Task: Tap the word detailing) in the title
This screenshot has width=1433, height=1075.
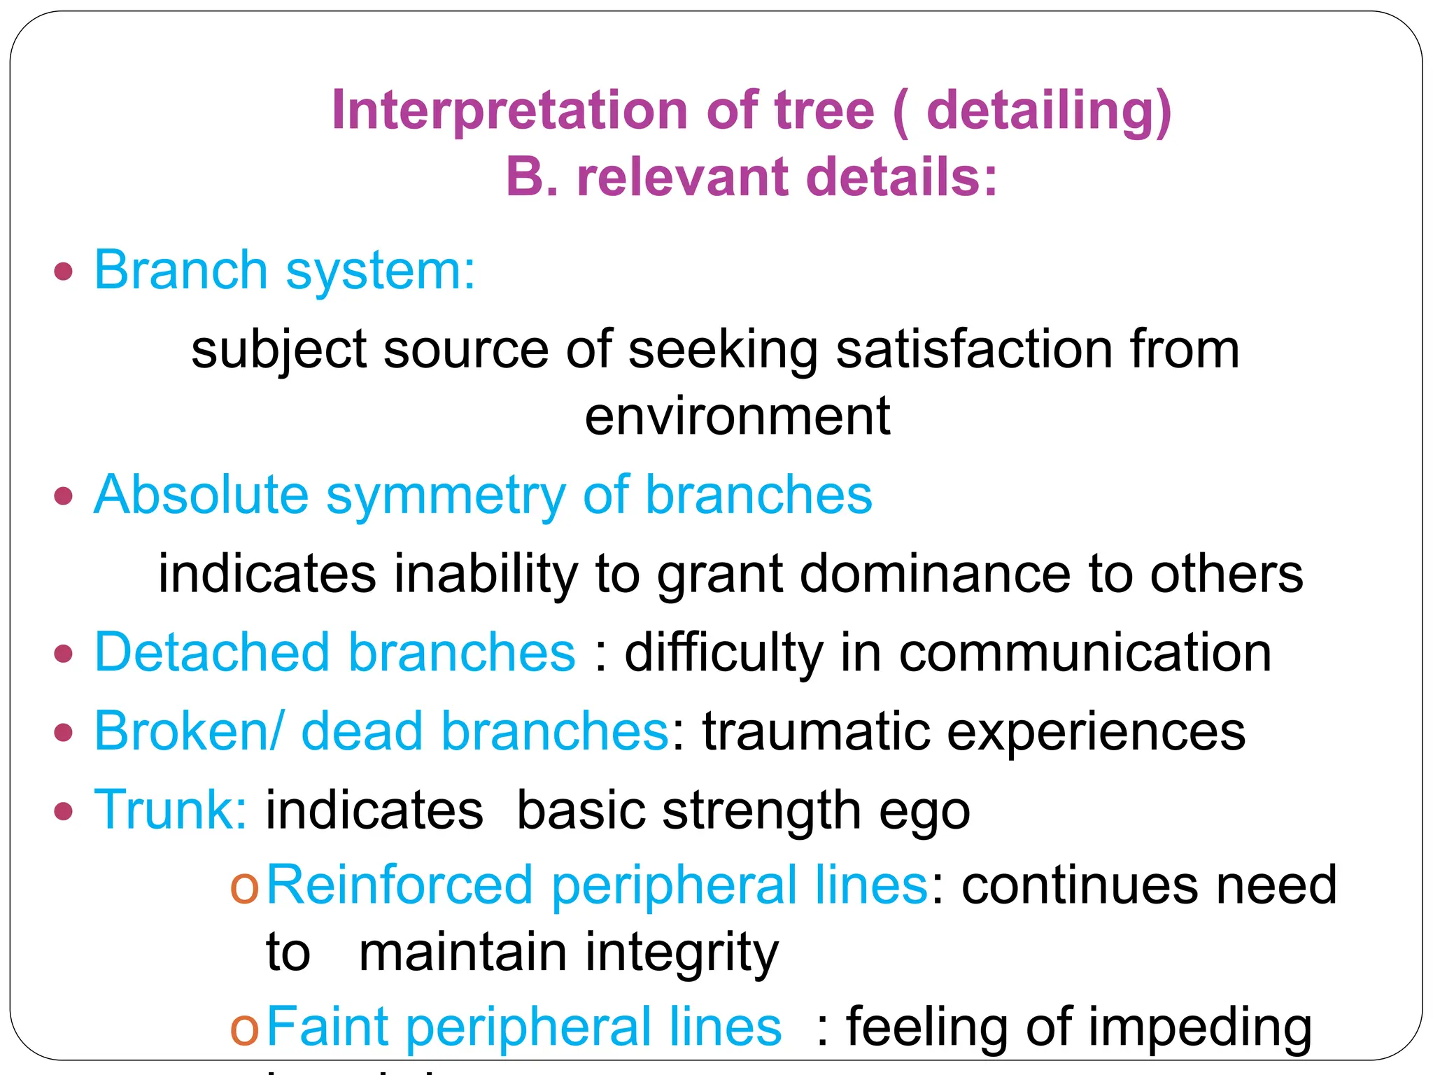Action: [1048, 111]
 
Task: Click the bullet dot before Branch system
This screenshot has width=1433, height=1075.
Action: [64, 272]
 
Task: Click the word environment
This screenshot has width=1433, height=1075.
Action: [737, 416]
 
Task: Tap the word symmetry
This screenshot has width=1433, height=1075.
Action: [445, 495]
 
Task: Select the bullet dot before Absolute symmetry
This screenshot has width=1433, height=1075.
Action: [64, 496]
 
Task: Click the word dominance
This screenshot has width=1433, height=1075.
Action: [935, 574]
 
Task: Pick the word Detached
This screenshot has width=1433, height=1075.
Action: [212, 652]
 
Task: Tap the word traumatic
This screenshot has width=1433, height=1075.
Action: [815, 731]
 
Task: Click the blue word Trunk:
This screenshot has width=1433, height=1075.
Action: [170, 810]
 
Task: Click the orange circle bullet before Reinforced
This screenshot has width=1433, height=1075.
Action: [244, 887]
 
